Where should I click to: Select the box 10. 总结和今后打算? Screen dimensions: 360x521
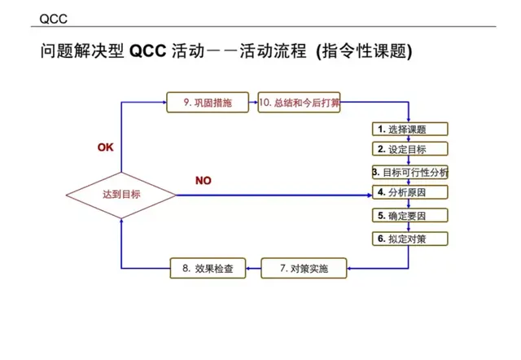pyautogui.click(x=299, y=103)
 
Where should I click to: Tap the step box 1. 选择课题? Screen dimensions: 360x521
pyautogui.click(x=409, y=129)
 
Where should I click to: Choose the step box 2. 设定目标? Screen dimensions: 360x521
pyautogui.click(x=409, y=149)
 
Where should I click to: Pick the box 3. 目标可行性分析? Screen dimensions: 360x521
pyautogui.click(x=409, y=173)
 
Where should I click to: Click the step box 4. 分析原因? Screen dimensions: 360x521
pyautogui.click(x=409, y=192)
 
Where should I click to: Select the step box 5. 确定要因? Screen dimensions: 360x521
pyautogui.click(x=409, y=216)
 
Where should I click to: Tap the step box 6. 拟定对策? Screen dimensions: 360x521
pyautogui.click(x=409, y=239)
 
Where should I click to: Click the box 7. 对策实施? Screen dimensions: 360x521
pyautogui.click(x=303, y=268)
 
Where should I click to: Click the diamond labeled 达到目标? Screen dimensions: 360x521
pyautogui.click(x=121, y=195)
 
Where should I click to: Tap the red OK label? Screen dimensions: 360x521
pyautogui.click(x=106, y=147)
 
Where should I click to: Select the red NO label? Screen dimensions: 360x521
pyautogui.click(x=203, y=181)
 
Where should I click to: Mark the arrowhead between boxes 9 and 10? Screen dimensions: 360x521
pyautogui.click(x=253, y=103)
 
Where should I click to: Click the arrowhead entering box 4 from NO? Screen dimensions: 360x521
pyautogui.click(x=368, y=194)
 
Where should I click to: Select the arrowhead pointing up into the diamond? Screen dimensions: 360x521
pyautogui.click(x=121, y=222)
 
